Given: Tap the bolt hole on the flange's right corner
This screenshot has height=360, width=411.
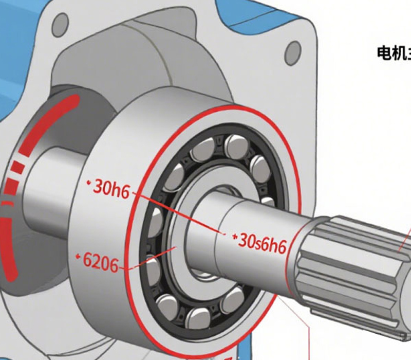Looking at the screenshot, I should tap(293, 50).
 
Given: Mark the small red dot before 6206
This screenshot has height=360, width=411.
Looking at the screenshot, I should tap(78, 256).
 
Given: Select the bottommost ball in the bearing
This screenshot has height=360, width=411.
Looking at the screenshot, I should tap(197, 317).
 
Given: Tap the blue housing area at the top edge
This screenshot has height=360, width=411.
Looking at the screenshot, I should tap(247, 10).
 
